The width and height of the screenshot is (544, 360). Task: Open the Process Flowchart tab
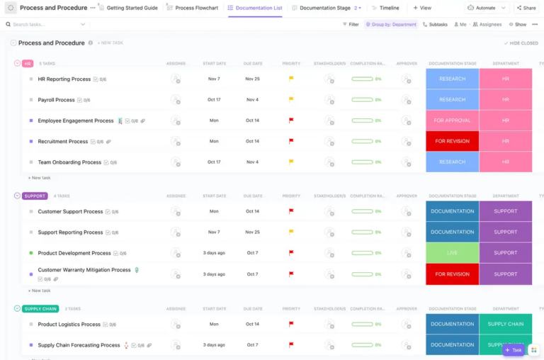[x=196, y=8]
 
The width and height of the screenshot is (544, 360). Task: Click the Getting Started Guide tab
[x=132, y=8]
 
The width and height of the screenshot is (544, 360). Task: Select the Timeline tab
[x=389, y=8]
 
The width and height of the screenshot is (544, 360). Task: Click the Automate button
[x=486, y=8]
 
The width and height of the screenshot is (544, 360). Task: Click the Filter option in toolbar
[x=351, y=24]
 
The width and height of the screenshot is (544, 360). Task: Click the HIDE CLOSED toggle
[x=521, y=43]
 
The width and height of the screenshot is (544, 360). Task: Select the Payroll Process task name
[x=56, y=100]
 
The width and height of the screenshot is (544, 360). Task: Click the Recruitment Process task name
[x=63, y=142]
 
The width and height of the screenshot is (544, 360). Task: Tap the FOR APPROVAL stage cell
[x=452, y=120]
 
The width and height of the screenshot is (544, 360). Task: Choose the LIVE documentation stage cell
[x=452, y=253]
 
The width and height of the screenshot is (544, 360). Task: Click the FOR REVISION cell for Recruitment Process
[x=452, y=141]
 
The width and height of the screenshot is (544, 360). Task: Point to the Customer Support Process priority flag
[x=291, y=211]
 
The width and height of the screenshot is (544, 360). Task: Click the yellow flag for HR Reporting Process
[x=291, y=79]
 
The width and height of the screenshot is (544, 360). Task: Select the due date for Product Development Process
[x=252, y=253]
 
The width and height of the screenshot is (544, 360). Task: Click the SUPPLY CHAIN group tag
[x=40, y=309]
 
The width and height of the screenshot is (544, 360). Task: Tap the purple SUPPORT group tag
[x=35, y=196]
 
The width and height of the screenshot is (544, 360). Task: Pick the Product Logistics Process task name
[x=69, y=325]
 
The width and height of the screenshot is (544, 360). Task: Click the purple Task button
[x=513, y=350]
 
